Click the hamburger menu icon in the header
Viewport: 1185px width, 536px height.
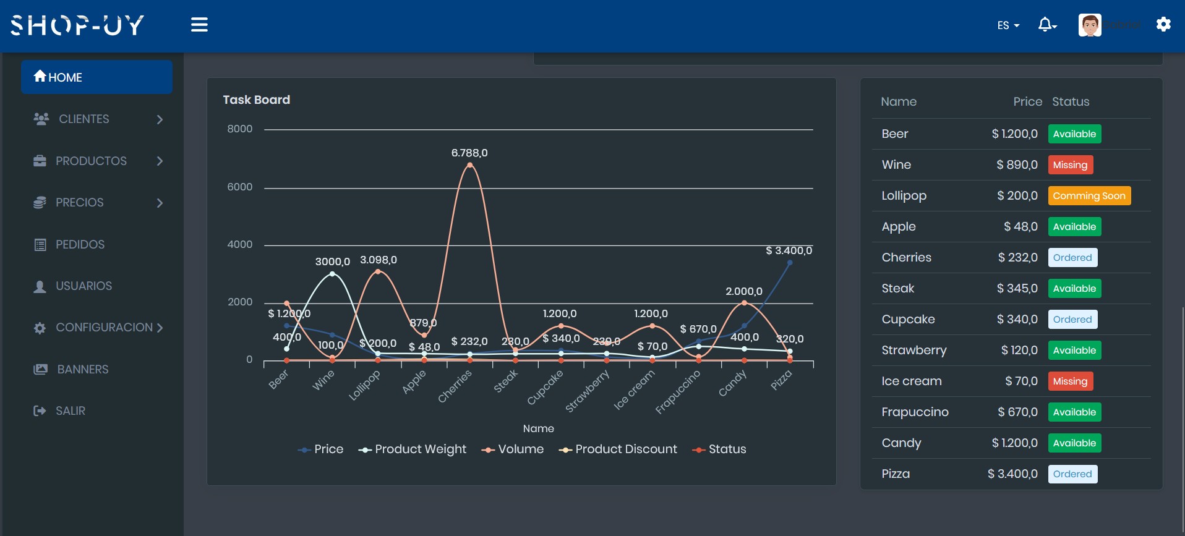click(199, 25)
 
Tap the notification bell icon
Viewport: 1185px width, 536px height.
click(1045, 25)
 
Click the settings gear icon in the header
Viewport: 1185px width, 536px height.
click(1163, 25)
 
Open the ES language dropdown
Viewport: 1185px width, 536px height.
click(1007, 25)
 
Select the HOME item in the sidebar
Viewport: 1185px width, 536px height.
click(96, 77)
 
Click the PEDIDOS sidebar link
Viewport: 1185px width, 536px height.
click(80, 245)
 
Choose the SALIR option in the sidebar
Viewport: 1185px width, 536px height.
click(70, 411)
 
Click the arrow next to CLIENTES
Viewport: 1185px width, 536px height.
click(160, 119)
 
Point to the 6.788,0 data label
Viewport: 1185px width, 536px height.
click(469, 153)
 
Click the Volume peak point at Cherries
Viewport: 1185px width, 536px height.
click(470, 165)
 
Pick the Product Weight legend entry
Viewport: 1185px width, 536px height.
click(413, 449)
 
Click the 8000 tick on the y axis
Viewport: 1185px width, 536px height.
click(240, 129)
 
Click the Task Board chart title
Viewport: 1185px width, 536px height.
click(256, 100)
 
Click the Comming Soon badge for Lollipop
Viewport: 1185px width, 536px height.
click(1089, 196)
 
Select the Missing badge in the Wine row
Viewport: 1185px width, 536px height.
click(1070, 165)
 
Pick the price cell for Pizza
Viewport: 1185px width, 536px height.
click(1012, 474)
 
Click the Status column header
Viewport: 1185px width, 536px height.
click(1071, 102)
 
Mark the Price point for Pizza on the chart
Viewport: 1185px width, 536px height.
click(790, 263)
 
